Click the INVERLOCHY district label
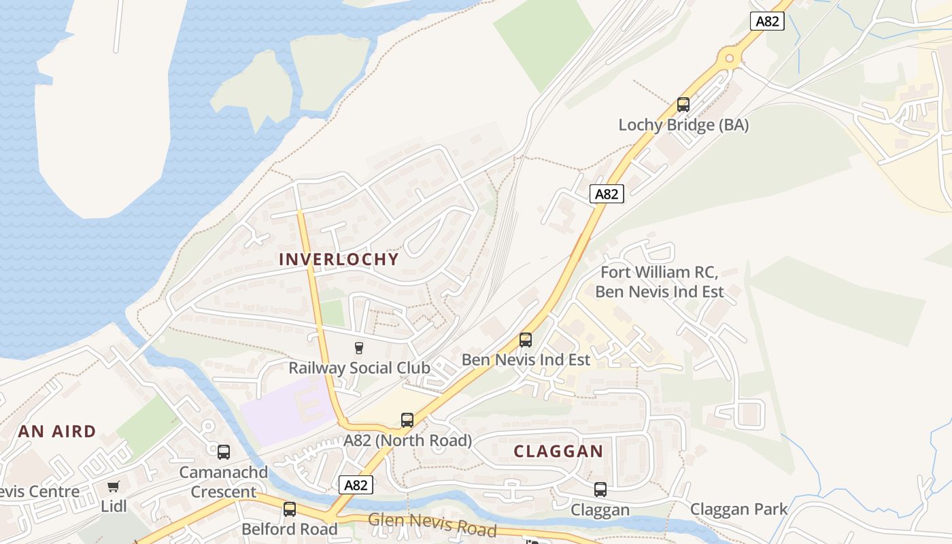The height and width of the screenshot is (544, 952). point(339,259)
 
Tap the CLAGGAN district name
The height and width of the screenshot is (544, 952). point(558,452)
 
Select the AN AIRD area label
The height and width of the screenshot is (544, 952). point(57,431)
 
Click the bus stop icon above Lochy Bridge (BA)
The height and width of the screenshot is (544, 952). point(683,105)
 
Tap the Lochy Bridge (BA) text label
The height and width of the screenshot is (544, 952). point(683,125)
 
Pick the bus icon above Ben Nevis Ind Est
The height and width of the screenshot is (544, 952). point(525,339)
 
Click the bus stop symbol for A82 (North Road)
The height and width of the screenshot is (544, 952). point(407,420)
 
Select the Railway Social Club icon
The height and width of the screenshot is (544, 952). point(359,348)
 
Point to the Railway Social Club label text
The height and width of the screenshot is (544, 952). point(359,368)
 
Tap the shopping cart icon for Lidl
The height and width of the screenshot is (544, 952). point(113,487)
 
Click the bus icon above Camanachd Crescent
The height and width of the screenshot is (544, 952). point(224,452)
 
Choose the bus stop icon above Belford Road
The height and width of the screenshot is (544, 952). point(290,509)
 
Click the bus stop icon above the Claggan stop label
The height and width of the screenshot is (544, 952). point(600,490)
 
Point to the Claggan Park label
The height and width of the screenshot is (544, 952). point(738,509)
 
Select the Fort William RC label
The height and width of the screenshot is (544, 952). point(659,273)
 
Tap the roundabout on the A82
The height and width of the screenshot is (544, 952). point(731,58)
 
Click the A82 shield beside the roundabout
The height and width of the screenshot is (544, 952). point(768,21)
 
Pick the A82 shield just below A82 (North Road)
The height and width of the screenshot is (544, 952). point(356,485)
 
